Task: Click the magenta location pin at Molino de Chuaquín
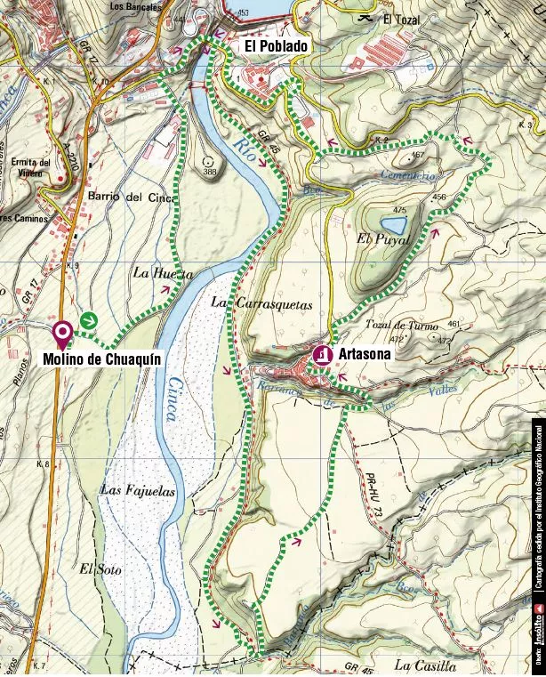pos(62,334)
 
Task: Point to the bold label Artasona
pos(365,354)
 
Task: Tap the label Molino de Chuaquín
pos(101,359)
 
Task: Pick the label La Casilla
pos(425,665)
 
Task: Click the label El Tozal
pos(400,19)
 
